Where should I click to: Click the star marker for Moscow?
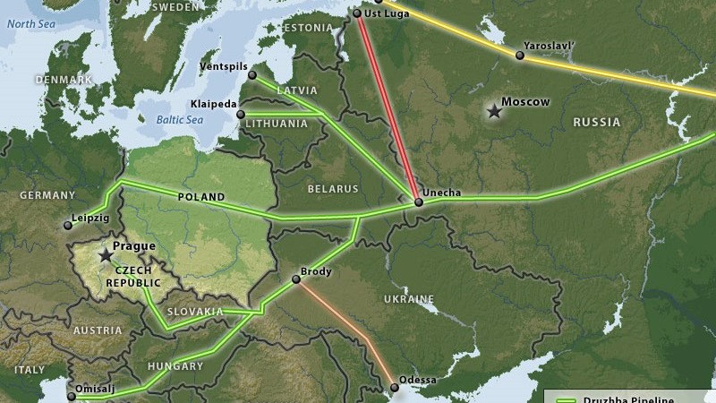point(493,111)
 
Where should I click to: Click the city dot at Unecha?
point(418,202)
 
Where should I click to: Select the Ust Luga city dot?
point(357,13)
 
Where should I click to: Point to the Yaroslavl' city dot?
point(519,56)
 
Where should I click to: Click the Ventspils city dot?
point(252,75)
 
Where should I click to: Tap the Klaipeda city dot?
point(240,115)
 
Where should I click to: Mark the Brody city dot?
point(296,279)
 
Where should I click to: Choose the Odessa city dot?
point(394,388)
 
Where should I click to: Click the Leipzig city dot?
point(67,226)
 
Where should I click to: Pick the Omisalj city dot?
point(70,393)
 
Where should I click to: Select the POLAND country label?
point(201,197)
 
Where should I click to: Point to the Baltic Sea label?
point(175,119)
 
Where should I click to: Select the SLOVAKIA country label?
point(195,312)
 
